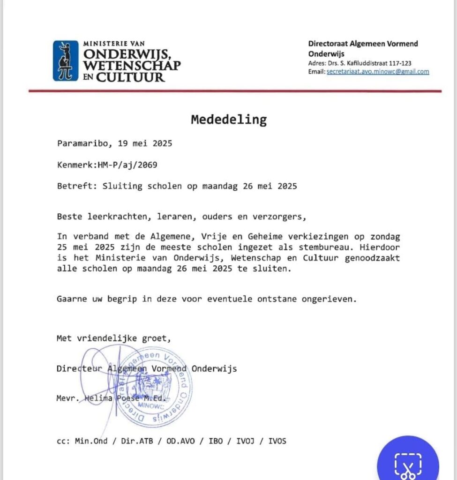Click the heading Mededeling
(228, 120)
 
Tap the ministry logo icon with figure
(65, 60)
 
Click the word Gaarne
(72, 299)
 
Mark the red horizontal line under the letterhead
(235, 91)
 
